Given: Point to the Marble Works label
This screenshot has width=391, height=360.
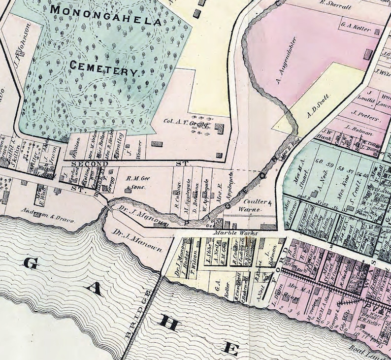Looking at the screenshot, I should (229, 232).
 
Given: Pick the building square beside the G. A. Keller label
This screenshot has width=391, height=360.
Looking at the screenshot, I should (377, 32).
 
